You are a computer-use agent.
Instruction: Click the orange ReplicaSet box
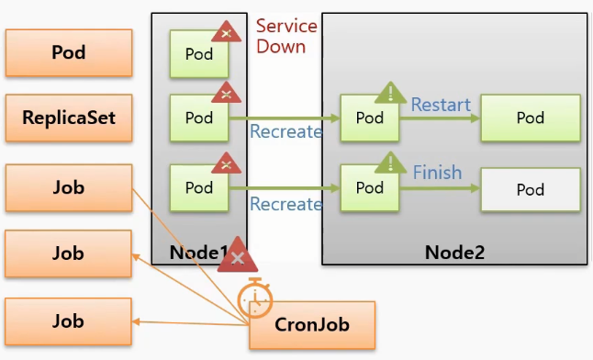coord(69,118)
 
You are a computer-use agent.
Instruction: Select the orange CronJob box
coord(312,325)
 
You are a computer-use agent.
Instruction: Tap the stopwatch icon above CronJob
coord(255,298)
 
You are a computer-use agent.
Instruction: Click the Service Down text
coord(286,37)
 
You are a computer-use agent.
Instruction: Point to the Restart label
coord(441,105)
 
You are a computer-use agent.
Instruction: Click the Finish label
coord(437,173)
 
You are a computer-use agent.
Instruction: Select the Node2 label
coord(454,253)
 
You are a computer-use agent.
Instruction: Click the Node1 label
coord(199,253)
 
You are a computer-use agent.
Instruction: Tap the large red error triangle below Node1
coord(238,255)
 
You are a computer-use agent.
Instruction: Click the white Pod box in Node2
coord(531,189)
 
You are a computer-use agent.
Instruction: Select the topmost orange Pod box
coord(69,52)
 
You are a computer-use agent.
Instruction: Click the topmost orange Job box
coord(69,187)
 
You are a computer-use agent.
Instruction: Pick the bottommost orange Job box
coord(69,321)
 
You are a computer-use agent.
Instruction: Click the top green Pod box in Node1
coord(199,54)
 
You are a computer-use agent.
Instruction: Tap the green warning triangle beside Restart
coord(391,93)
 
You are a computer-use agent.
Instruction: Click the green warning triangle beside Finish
coord(391,163)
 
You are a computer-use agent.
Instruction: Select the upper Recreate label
coord(285,131)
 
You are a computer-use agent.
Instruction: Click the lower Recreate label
coord(285,204)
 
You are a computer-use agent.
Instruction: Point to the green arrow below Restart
coord(440,118)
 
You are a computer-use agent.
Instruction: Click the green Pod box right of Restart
coord(531,118)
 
